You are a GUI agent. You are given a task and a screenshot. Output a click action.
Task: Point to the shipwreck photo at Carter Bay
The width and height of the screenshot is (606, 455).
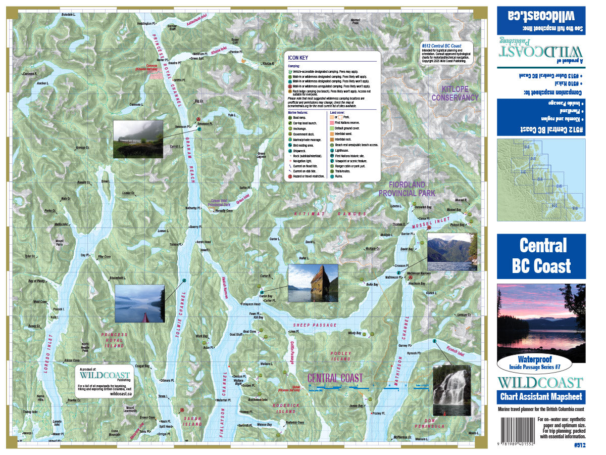click(313, 283)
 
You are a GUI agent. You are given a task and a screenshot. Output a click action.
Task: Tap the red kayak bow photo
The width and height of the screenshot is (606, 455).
click(139, 303)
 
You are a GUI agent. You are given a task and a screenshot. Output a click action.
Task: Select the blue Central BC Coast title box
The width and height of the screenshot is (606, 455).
click(541, 256)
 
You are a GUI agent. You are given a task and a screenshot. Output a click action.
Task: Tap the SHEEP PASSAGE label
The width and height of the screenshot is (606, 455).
click(315, 325)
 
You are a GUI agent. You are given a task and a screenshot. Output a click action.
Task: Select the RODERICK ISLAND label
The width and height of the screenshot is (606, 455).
click(286, 407)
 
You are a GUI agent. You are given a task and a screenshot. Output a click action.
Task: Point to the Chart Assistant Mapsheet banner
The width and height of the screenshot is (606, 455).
click(541, 397)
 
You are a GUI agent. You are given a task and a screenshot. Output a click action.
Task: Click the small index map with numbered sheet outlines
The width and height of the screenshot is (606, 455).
click(541, 179)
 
